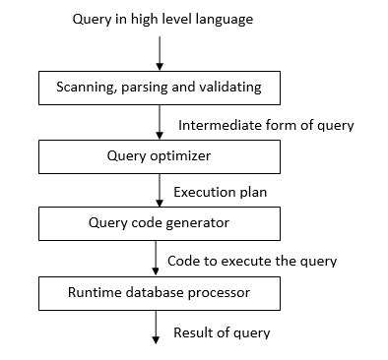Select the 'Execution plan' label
(x=222, y=193)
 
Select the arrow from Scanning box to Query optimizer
(x=159, y=121)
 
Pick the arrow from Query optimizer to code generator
(x=159, y=189)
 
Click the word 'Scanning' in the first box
(x=83, y=88)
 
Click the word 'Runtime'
(x=95, y=291)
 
